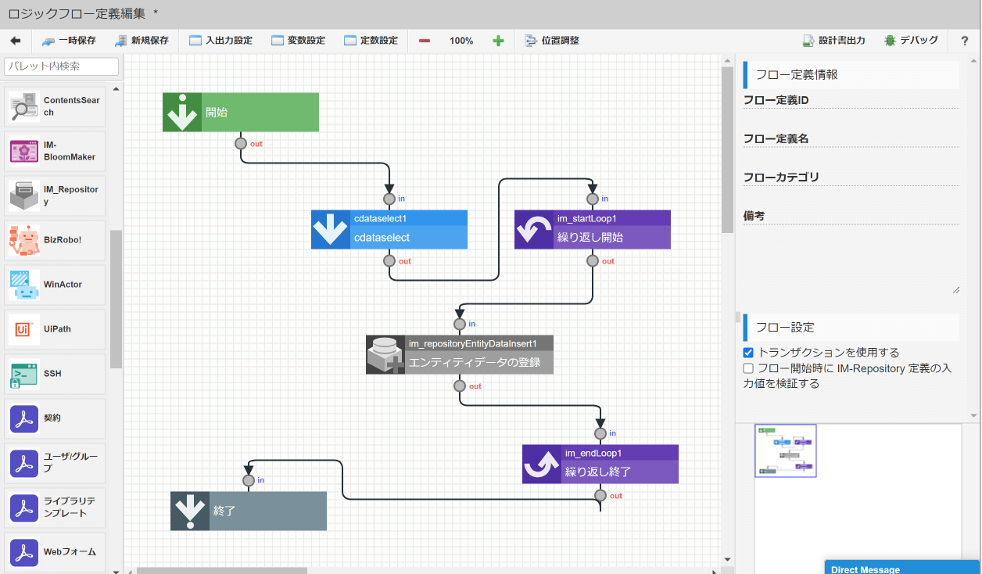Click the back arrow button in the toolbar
tap(15, 41)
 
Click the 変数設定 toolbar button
tap(298, 41)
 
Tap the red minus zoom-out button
tap(425, 41)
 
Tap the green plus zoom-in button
tap(498, 41)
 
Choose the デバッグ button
tap(911, 41)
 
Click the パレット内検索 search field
tap(62, 66)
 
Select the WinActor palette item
tap(55, 285)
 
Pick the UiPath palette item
tap(55, 329)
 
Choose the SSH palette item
tap(55, 374)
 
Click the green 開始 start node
tap(241, 113)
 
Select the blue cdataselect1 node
tap(389, 230)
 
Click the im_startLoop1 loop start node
tap(593, 230)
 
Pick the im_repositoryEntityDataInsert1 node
tap(460, 355)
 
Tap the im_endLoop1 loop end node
tap(600, 465)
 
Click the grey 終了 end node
tap(249, 511)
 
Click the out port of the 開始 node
tap(241, 144)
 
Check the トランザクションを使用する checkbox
tap(748, 353)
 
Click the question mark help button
tap(964, 41)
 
